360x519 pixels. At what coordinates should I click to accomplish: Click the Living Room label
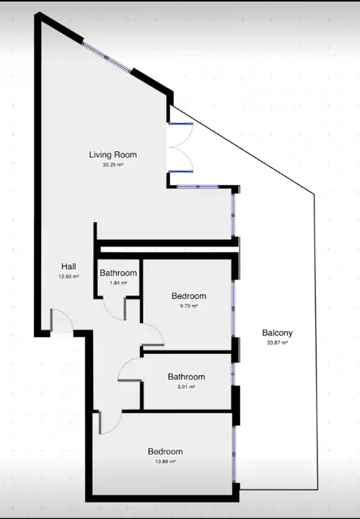113,154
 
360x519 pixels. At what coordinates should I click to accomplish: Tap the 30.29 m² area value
113,164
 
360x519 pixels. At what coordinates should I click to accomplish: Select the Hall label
69,267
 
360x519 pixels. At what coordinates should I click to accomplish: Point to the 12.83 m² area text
69,276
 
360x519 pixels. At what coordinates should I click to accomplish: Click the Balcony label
277,333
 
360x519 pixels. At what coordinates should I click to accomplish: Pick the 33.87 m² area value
277,343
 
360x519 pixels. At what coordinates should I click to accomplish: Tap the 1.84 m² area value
118,283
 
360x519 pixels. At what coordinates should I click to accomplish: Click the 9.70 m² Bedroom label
189,296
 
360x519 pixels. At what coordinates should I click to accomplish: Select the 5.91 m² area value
186,386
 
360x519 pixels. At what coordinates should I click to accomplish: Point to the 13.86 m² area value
165,461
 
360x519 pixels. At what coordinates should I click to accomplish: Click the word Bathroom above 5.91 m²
186,377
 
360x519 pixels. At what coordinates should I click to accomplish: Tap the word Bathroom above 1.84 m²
118,273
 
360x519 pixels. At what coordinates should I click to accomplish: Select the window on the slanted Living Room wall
107,57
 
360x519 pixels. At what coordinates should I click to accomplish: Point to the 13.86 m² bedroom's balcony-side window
234,454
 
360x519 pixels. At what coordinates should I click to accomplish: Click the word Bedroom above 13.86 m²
165,451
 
